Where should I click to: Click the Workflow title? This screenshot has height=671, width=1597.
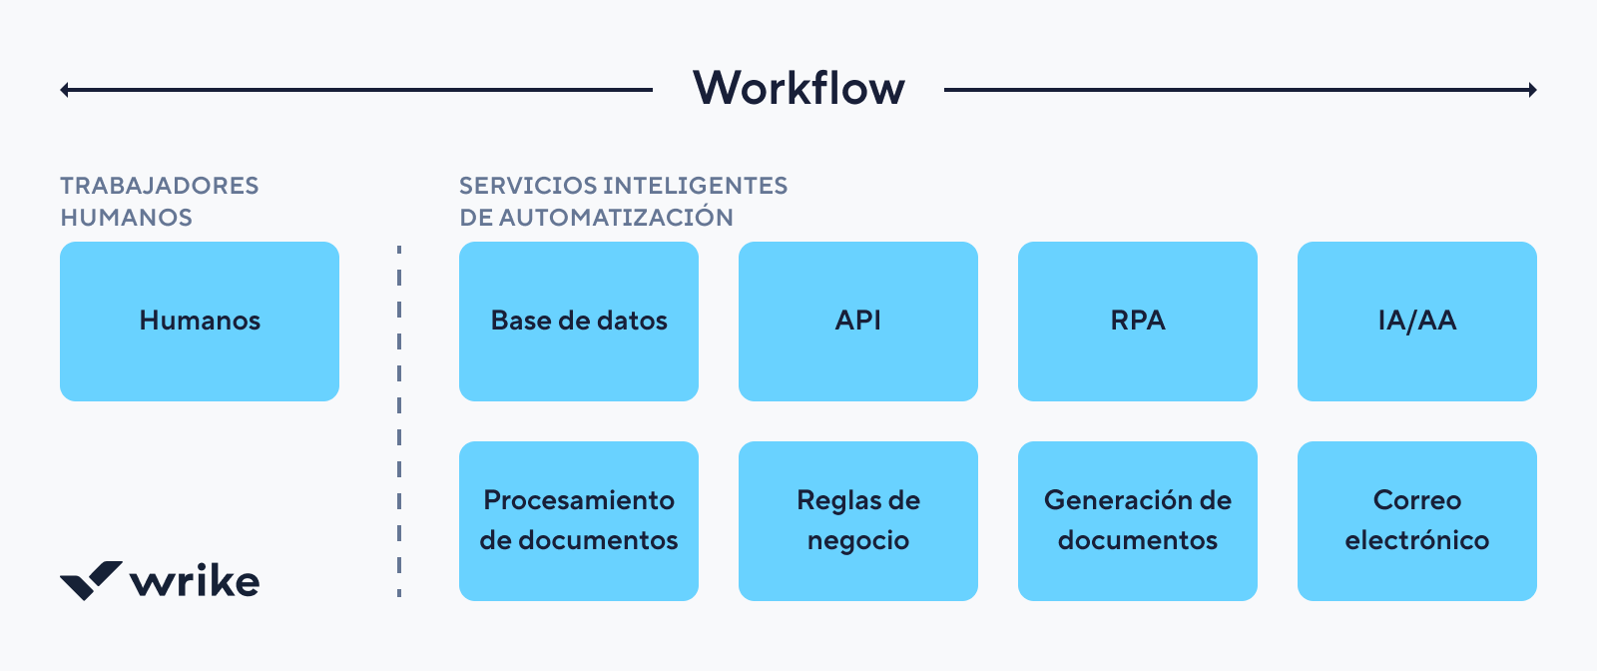pyautogui.click(x=798, y=88)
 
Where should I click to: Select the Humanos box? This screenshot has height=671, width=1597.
pyautogui.click(x=200, y=321)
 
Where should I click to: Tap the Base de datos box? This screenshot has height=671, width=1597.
pyautogui.click(x=579, y=321)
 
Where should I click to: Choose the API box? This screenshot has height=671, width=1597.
pyautogui.click(x=858, y=321)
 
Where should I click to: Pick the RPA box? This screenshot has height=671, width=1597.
pyautogui.click(x=1138, y=321)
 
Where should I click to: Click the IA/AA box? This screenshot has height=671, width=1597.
pyautogui.click(x=1417, y=321)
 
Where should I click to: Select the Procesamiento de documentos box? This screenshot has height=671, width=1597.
pyautogui.click(x=579, y=520)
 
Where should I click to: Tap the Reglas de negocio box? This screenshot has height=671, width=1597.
pyautogui.click(x=858, y=520)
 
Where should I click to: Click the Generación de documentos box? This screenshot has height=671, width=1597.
pyautogui.click(x=1138, y=520)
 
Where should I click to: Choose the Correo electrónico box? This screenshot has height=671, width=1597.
pyautogui.click(x=1417, y=520)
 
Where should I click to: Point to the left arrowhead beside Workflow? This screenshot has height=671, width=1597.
pyautogui.click(x=64, y=90)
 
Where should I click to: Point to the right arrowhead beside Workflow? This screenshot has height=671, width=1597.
pyautogui.click(x=1533, y=90)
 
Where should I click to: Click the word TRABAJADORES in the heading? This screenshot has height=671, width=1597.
pyautogui.click(x=160, y=186)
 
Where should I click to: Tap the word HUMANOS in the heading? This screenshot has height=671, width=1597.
pyautogui.click(x=126, y=218)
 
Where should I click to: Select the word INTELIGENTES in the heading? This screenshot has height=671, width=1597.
pyautogui.click(x=696, y=186)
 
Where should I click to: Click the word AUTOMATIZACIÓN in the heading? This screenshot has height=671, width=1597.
pyautogui.click(x=616, y=218)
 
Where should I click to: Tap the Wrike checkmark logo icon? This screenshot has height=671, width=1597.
pyautogui.click(x=91, y=580)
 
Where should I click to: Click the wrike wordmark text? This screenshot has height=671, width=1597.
pyautogui.click(x=195, y=581)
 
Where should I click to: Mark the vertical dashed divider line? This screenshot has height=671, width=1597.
pyautogui.click(x=399, y=419)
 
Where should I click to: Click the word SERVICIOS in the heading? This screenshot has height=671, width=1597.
pyautogui.click(x=527, y=186)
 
